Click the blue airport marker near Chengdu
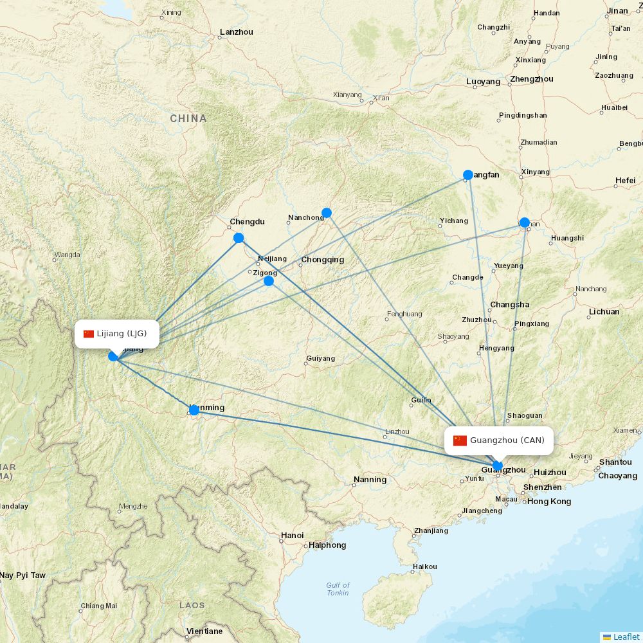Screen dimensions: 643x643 click(239, 238)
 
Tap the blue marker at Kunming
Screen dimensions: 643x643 click(194, 410)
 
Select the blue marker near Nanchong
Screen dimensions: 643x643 click(327, 213)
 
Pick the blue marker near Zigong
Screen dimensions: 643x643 click(269, 281)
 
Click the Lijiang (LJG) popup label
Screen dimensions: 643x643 click(116, 334)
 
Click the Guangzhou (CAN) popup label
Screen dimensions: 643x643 click(499, 440)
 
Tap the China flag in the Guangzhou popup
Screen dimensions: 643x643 click(460, 440)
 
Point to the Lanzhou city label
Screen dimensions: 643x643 click(236, 32)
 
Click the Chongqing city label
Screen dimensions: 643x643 click(322, 260)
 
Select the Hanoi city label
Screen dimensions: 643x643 click(292, 535)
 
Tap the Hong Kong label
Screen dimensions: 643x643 click(549, 502)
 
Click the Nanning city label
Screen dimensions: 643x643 click(370, 479)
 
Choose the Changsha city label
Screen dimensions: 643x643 click(510, 305)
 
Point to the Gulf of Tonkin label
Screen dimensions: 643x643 click(338, 589)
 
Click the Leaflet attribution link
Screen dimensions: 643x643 click(626, 637)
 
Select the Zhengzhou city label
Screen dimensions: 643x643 click(531, 79)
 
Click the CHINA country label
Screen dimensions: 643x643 click(188, 118)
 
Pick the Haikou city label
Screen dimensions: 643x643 click(424, 566)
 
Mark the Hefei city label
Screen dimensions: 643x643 click(625, 181)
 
